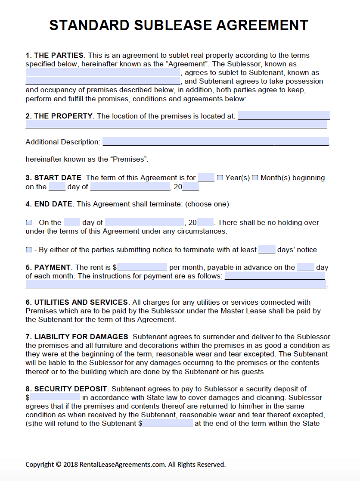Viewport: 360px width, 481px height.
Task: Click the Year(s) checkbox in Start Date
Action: pos(220,178)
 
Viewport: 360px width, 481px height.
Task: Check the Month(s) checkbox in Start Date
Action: pos(255,178)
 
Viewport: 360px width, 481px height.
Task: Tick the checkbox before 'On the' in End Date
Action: pos(29,223)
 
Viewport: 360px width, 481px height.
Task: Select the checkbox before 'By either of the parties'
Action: pos(29,250)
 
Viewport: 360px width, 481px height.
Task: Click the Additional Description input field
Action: pos(215,142)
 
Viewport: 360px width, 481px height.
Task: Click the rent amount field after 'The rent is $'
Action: pos(142,267)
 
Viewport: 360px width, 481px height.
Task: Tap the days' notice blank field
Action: pos(267,250)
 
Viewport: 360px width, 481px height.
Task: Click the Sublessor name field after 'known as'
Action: pos(103,72)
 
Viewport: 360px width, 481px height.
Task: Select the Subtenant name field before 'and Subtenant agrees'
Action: pos(103,81)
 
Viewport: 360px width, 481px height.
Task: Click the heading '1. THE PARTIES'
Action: pos(54,55)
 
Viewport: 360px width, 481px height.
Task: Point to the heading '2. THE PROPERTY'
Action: pos(59,116)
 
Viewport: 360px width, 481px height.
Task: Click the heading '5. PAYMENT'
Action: pos(48,267)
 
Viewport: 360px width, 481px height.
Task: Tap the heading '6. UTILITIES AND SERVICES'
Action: pos(77,302)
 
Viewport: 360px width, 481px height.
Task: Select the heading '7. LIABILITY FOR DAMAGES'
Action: pos(77,337)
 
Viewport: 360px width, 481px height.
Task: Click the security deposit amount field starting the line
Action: pos(55,397)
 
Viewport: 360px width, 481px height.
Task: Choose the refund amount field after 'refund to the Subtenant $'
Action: pos(168,423)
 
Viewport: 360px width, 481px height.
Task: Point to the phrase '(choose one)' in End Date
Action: pos(207,204)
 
